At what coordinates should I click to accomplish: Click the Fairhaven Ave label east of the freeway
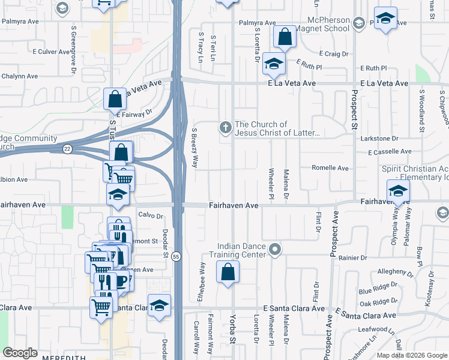(x=234, y=206)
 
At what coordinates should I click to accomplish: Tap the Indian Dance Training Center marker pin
(x=276, y=248)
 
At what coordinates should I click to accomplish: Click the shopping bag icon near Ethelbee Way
(x=228, y=273)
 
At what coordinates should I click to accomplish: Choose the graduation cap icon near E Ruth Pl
(x=274, y=64)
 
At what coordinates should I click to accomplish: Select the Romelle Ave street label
(x=330, y=169)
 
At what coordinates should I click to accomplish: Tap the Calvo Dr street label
(x=151, y=216)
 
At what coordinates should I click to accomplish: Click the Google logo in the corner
(x=20, y=353)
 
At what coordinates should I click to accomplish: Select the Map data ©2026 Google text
(x=411, y=355)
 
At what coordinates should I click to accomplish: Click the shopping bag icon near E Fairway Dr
(x=115, y=99)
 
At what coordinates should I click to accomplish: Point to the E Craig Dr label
(x=334, y=54)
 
